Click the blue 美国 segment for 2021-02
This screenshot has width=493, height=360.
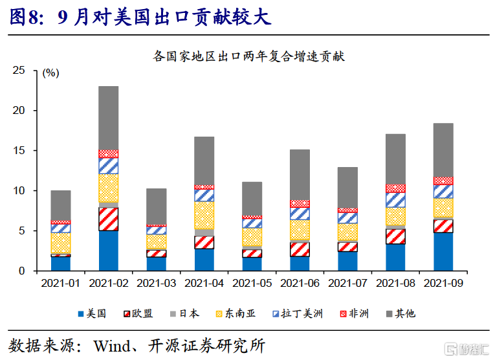[x=108, y=251]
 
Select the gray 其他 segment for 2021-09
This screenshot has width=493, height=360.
[x=443, y=150]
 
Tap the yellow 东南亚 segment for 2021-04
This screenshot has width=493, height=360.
[x=204, y=214]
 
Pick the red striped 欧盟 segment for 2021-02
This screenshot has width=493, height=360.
[x=108, y=219]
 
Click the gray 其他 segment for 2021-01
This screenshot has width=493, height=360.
[x=61, y=205]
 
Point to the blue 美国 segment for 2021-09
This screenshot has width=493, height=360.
[x=443, y=251]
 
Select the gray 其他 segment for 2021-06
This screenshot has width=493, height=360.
[x=300, y=175]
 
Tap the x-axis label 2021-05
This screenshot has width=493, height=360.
[x=252, y=284]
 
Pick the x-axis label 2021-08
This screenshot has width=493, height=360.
[x=395, y=284]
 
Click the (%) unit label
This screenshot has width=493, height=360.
[x=50, y=74]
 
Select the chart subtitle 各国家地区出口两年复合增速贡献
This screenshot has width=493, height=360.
[x=249, y=56]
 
